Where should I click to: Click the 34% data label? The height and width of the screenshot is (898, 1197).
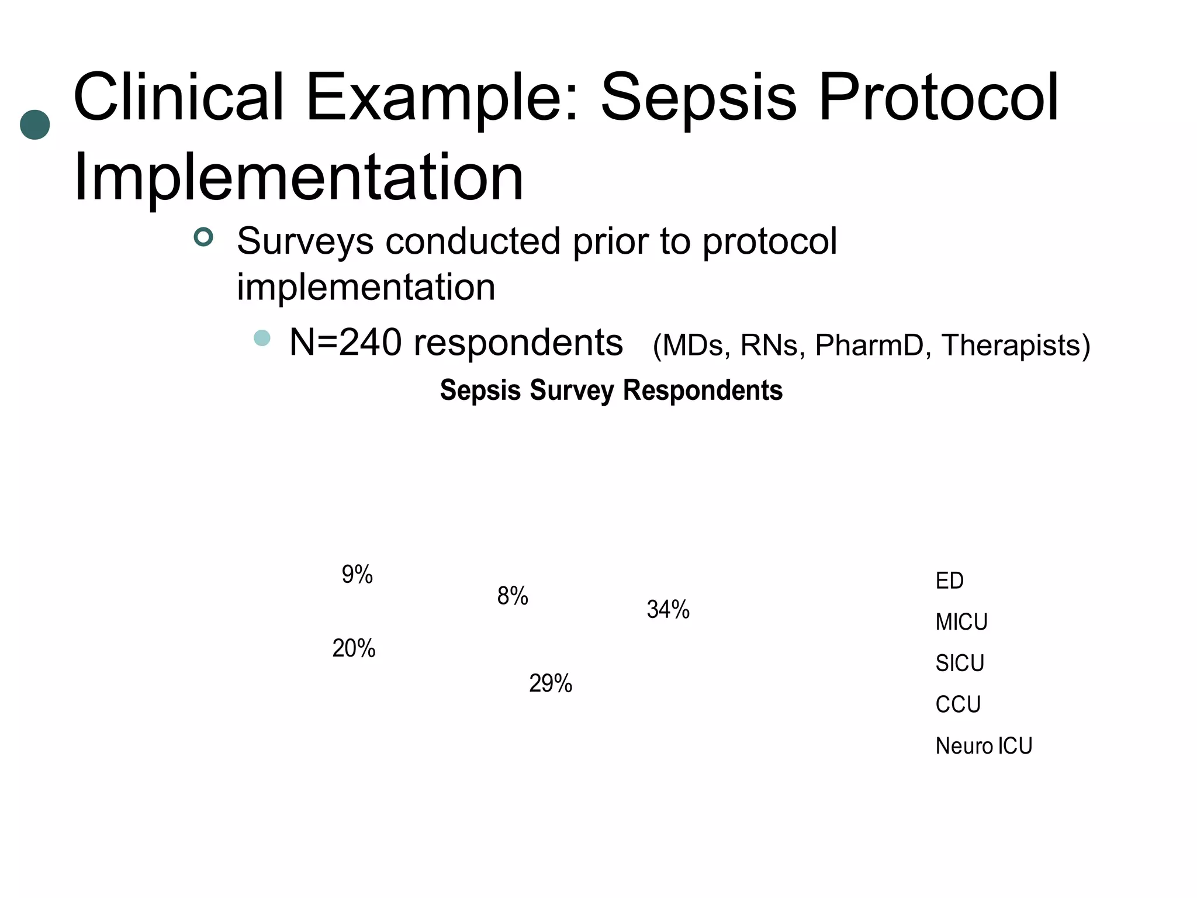pos(668,610)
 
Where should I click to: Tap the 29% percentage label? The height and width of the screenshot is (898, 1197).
pos(551,683)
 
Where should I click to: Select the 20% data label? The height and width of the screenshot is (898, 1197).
pos(354,648)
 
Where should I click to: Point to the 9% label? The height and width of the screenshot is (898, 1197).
pos(357,575)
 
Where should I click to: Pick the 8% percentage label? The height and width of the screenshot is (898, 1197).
pos(513,596)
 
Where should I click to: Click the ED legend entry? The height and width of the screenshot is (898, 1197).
pos(949,581)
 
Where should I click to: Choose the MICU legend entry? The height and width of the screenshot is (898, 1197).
pos(961,622)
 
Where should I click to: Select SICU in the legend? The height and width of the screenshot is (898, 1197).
pos(960,664)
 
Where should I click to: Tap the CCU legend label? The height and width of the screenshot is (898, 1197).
pos(958,704)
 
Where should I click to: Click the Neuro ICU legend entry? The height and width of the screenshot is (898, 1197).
pos(984,746)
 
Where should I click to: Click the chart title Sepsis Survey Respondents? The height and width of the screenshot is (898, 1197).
pos(611,391)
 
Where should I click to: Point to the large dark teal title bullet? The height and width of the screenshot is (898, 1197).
pos(35,125)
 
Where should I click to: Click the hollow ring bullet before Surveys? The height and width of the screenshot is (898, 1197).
pos(203,237)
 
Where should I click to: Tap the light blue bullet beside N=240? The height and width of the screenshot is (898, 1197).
pos(262,338)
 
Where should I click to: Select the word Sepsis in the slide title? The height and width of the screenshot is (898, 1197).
pos(698,97)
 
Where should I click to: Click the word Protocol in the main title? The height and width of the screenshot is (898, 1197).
pos(939,97)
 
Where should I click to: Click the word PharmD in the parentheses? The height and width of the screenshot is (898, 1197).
pos(869,345)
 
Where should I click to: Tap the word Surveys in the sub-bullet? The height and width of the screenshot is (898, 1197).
pos(305,241)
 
